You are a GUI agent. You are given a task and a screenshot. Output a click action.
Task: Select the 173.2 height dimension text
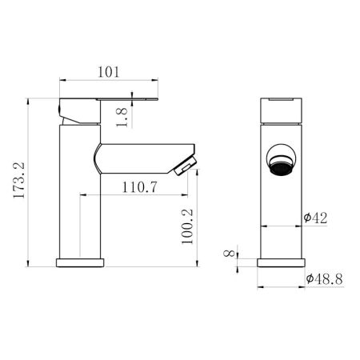18,182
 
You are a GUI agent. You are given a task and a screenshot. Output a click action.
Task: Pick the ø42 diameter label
317,217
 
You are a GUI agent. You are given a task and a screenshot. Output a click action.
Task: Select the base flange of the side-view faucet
80,262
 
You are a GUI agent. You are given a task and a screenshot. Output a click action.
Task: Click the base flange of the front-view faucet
281,262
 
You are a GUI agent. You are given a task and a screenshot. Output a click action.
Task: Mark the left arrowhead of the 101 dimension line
63,81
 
